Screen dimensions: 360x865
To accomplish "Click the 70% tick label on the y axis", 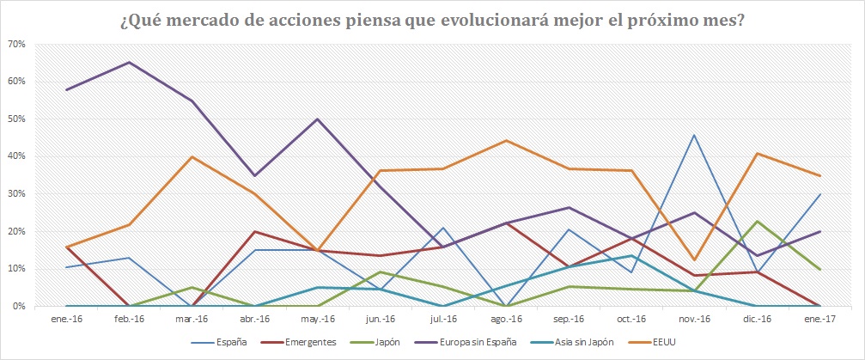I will [x=19, y=44].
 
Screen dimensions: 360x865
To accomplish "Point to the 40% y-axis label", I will [x=19, y=156].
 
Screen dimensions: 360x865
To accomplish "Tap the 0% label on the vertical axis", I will [x=21, y=307].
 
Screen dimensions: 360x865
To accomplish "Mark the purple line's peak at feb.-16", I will [x=129, y=62].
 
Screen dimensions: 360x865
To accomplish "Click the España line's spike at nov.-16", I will [x=693, y=135].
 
